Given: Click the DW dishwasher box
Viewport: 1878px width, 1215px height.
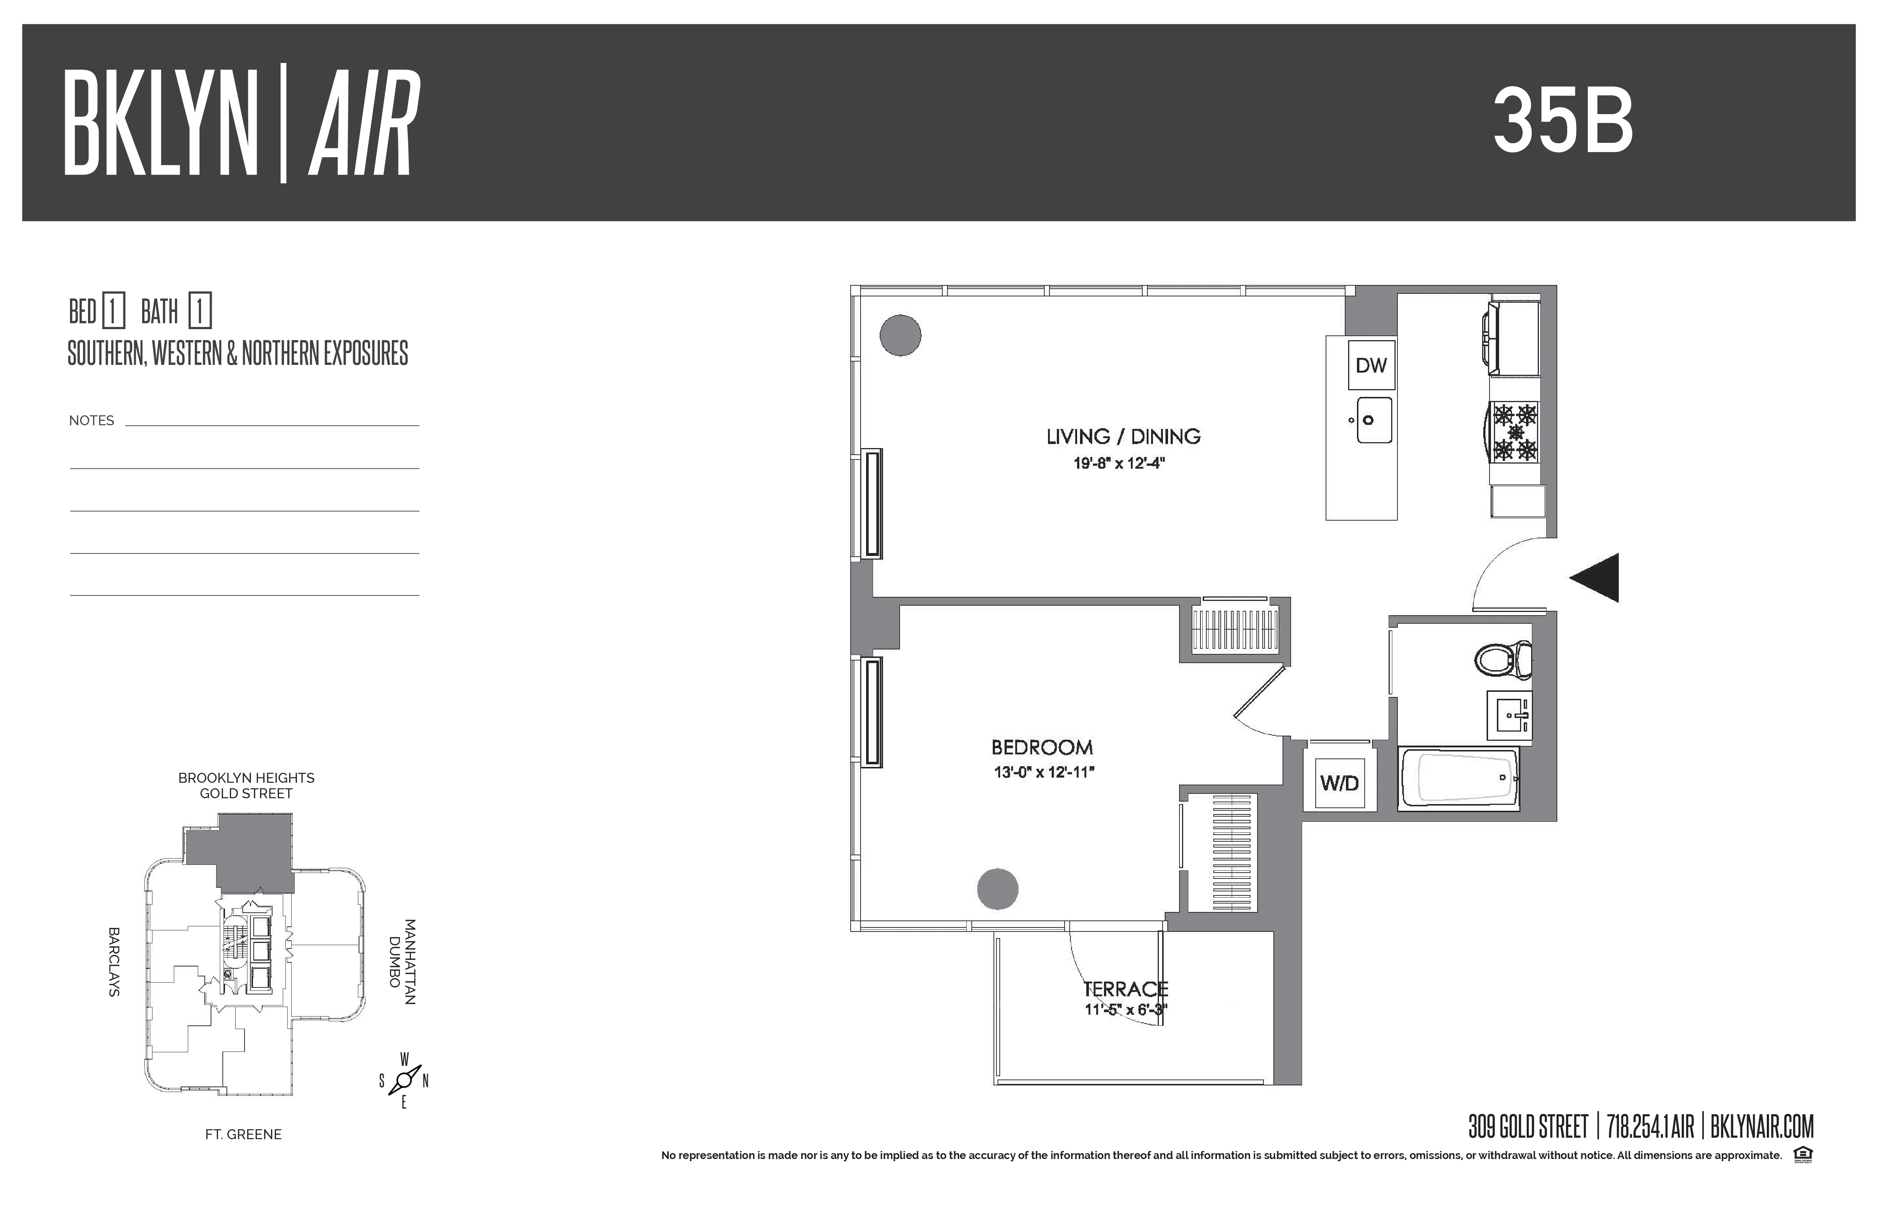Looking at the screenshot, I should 1371,365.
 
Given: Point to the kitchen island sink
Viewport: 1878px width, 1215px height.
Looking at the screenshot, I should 1374,420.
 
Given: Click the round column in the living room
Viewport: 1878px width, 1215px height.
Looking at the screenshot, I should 900,335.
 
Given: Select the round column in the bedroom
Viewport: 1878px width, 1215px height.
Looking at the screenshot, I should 998,889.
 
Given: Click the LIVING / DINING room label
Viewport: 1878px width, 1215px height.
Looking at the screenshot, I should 1123,436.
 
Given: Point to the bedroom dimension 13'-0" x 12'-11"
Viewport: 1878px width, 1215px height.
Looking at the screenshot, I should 1043,772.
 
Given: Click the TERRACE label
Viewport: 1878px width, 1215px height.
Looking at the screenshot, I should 1125,989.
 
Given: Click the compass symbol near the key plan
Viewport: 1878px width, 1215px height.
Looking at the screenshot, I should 404,1079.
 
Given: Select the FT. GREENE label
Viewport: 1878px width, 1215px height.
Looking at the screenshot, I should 243,1134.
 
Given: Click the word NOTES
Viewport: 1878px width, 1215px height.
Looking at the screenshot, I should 92,420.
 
